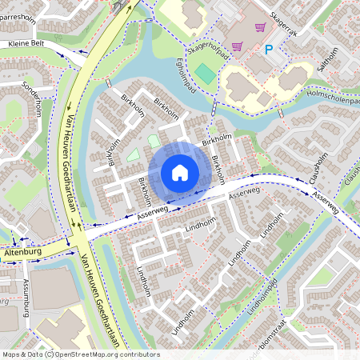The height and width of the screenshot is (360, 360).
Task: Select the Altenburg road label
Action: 22,251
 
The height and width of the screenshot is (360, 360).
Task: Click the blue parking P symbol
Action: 269,50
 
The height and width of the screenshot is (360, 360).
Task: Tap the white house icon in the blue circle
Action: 180,172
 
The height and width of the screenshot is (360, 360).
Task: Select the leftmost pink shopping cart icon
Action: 237,46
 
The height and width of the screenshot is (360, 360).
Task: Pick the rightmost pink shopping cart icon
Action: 259,26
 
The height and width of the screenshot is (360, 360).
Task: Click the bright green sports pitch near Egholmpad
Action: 205,74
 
